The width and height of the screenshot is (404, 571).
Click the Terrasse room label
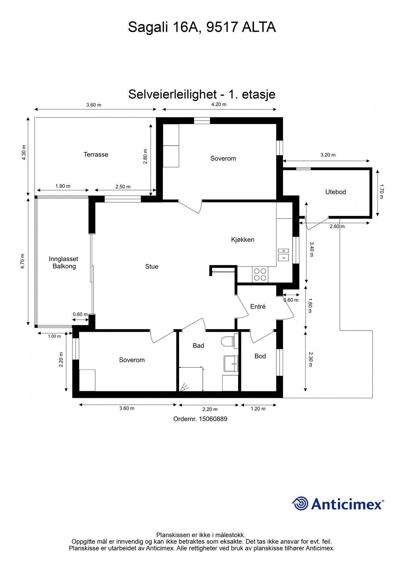click(96, 154)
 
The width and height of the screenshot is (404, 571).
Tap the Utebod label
click(335, 192)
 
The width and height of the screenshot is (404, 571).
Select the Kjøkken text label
click(242, 240)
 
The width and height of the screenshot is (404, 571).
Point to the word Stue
click(152, 266)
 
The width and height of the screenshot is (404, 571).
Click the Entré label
click(258, 306)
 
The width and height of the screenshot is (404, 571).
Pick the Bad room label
click(198, 345)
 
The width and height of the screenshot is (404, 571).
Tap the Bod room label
click(260, 356)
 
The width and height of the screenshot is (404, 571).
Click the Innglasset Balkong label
click(64, 263)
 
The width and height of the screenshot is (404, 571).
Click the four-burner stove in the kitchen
click(260, 274)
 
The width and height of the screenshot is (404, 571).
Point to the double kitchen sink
click(283, 254)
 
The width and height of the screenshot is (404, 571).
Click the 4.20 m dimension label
click(219, 104)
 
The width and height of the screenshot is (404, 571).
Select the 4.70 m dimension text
click(22, 261)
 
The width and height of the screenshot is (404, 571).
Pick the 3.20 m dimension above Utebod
click(328, 155)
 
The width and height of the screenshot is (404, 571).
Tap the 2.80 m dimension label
click(145, 156)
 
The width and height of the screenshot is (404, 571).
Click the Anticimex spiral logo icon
click(300, 503)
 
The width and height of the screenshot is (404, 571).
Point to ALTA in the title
click(259, 27)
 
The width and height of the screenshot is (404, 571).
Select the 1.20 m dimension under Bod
click(258, 409)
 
